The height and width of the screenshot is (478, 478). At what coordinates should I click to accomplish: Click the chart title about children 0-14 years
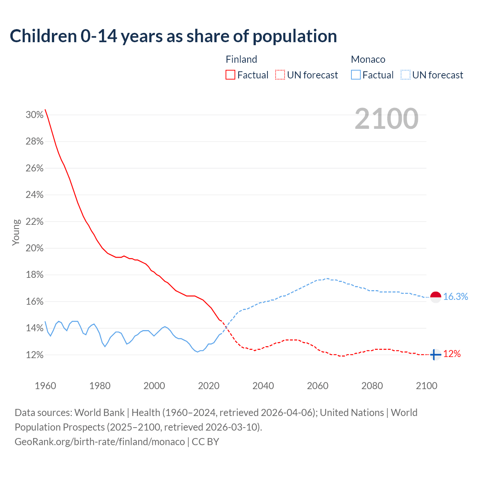click(x=173, y=36)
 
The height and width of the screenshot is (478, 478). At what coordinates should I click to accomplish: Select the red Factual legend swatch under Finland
click(x=230, y=75)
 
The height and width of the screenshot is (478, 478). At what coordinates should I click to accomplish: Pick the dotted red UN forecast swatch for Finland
click(x=280, y=75)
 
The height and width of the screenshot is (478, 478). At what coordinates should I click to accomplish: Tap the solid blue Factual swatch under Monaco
click(x=356, y=75)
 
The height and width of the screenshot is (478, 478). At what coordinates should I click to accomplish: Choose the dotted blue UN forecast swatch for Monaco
click(x=406, y=75)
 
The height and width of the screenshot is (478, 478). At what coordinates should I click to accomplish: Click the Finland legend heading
click(x=241, y=59)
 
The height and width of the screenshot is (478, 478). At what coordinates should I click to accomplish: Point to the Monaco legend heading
click(x=368, y=59)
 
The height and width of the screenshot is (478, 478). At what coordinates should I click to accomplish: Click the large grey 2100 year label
click(x=387, y=119)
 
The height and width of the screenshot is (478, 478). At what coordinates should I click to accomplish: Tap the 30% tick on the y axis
click(x=34, y=115)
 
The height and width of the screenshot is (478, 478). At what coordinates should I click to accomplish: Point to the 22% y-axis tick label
click(x=34, y=221)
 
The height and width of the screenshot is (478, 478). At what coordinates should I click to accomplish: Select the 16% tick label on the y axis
click(x=34, y=301)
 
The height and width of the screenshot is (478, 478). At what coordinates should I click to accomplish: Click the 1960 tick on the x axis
click(x=45, y=386)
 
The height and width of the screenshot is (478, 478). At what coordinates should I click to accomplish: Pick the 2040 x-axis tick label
click(x=263, y=386)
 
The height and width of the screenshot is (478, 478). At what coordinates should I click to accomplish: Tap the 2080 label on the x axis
click(x=372, y=386)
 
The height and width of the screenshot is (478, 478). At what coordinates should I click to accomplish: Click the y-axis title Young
click(x=16, y=232)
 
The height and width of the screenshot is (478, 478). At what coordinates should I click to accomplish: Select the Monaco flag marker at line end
click(x=436, y=297)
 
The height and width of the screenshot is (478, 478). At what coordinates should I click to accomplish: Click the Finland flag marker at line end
click(x=435, y=354)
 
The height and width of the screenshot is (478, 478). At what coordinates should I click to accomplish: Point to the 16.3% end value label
click(x=456, y=297)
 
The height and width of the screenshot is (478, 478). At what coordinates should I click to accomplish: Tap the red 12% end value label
click(x=452, y=354)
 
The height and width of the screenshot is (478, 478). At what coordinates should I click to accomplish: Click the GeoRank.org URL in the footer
click(x=100, y=442)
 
